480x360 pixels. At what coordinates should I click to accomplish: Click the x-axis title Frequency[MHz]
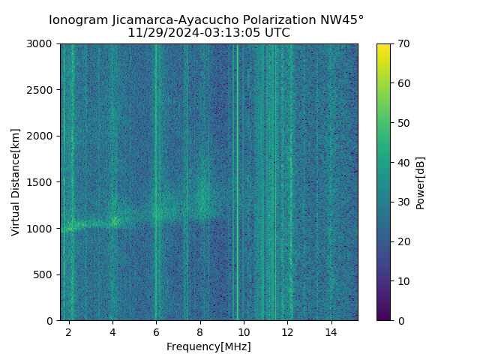tap(208, 346)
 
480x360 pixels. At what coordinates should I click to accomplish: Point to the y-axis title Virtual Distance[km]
tap(16, 182)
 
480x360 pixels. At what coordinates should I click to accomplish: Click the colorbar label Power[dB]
tap(421, 182)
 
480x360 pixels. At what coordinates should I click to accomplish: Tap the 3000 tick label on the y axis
tap(42, 44)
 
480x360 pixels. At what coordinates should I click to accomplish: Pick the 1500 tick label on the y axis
tap(42, 182)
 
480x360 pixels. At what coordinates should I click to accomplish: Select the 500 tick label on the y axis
tap(45, 274)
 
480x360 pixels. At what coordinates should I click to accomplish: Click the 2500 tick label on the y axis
tap(42, 90)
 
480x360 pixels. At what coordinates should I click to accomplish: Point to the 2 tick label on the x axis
tap(69, 331)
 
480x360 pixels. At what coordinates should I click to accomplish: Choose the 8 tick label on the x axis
tap(199, 331)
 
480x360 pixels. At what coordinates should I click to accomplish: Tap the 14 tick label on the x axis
tap(330, 331)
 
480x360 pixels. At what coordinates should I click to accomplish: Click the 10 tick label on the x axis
tap(243, 331)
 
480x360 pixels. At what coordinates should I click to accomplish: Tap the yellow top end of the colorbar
tap(383, 46)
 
